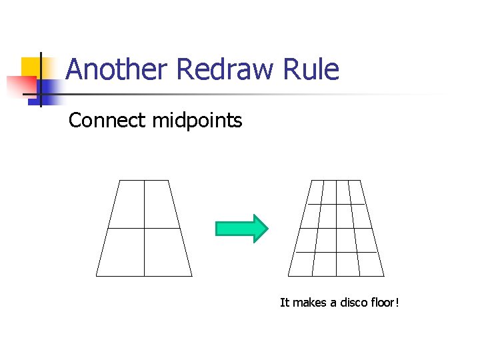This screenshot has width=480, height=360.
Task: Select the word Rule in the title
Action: (312, 69)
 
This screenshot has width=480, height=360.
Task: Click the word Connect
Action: (107, 121)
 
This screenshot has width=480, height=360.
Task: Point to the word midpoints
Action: (197, 121)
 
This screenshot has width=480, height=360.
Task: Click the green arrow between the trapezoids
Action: (241, 229)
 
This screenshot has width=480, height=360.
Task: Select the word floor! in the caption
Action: (386, 303)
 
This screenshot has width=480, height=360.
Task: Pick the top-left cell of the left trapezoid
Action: (129, 204)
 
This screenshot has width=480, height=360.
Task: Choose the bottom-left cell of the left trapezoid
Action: (123, 252)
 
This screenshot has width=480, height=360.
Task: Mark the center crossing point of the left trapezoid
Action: (144, 229)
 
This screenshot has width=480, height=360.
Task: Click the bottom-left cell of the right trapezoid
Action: (301, 264)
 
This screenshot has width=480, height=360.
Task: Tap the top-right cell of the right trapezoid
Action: (355, 192)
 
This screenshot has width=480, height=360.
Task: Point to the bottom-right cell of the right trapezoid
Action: (371, 264)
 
